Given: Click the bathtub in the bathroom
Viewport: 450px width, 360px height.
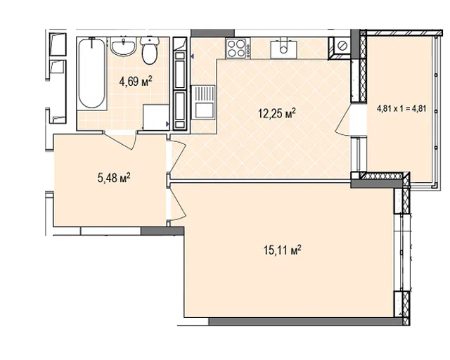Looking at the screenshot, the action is click(92, 74).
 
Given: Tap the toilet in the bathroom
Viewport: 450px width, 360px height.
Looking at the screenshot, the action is click(150, 51).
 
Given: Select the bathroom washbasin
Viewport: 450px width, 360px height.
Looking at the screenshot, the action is click(124, 47).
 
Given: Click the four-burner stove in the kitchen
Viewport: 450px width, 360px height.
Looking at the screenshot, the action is click(238, 48).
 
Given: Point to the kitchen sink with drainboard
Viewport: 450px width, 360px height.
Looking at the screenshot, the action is click(203, 102).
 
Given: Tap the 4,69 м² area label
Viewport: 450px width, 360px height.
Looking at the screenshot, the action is click(136, 82).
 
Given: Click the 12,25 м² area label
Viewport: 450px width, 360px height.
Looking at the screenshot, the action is click(277, 114).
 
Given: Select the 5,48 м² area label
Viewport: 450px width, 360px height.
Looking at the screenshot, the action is click(114, 178).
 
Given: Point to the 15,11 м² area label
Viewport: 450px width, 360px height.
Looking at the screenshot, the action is click(283, 250).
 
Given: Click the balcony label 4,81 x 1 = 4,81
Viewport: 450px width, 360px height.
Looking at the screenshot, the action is click(401, 108).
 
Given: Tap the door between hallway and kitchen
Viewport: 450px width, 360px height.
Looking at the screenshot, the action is click(178, 157).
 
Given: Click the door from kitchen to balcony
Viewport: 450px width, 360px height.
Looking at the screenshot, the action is click(344, 120).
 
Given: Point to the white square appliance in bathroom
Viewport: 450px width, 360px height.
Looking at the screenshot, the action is click(156, 117).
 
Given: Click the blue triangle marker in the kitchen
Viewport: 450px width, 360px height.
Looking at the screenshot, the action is click(192, 57).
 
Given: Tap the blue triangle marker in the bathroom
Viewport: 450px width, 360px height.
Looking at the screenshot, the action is click(167, 124).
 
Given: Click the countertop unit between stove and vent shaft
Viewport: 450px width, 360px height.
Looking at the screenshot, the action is click(283, 49).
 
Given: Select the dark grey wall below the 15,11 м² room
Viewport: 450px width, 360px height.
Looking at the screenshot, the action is click(307, 321).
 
